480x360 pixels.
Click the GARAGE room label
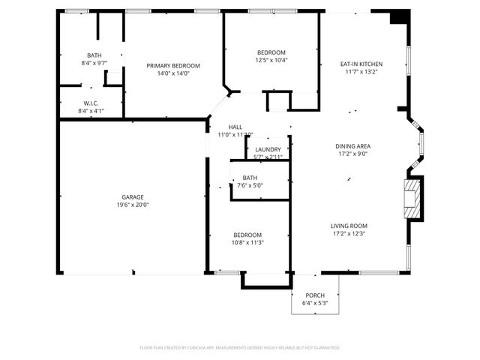pos(133,196)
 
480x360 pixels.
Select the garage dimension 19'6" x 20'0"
pos(133,205)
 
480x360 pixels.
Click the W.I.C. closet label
pos(91,103)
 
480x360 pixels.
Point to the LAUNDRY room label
pos(268,149)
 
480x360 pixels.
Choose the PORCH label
pos(315,295)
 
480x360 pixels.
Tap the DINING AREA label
pos(353,145)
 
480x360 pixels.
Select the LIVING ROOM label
pos(349,226)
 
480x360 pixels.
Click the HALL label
pos(235,127)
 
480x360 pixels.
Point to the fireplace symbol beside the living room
pos(412,198)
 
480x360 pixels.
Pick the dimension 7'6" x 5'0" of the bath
pos(250,185)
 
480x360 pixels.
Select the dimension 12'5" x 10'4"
pos(271,60)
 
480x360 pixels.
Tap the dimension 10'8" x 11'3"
pos(247,242)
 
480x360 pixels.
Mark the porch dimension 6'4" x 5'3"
pos(315,303)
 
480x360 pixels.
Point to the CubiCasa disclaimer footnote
pos(240,347)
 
